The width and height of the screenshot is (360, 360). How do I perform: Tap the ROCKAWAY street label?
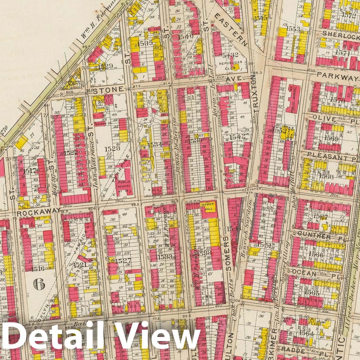tap(39, 213)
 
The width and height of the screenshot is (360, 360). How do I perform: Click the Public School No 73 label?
tap(124, 184)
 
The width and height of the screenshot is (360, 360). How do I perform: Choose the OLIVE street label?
tap(325, 119)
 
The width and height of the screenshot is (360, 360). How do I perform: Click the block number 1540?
tap(186, 37)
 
